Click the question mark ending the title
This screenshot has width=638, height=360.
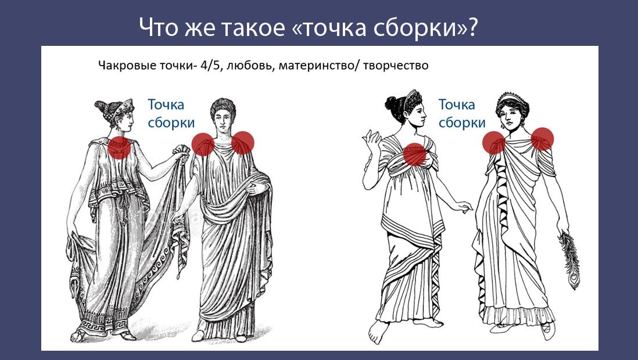[471, 28]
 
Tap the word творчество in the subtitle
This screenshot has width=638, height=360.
[396, 66]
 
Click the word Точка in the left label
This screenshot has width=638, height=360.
[166, 105]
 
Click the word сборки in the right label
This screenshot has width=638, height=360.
[462, 123]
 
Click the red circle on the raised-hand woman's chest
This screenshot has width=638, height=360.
[414, 154]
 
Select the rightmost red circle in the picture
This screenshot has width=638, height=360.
[542, 139]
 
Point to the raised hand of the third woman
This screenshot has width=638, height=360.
[370, 141]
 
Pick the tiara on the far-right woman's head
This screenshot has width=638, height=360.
[514, 96]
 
